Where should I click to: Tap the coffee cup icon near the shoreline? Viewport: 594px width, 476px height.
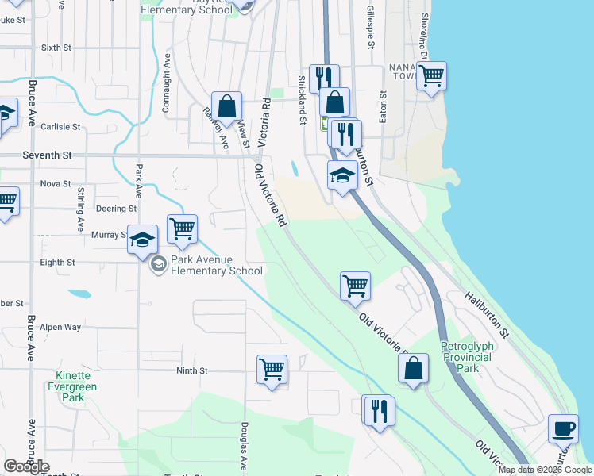(x=563, y=428)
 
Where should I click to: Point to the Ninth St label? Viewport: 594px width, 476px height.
(x=191, y=370)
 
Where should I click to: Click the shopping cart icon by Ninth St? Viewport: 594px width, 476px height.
(x=272, y=369)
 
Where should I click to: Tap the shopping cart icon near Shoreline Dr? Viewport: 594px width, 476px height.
(x=431, y=76)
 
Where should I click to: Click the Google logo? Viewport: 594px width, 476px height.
(x=27, y=466)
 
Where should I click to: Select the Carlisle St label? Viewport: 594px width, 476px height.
(x=61, y=126)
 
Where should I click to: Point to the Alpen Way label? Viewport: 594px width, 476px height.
(x=61, y=327)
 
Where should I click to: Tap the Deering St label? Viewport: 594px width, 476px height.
(x=116, y=209)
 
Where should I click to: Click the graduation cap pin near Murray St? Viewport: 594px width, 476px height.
(x=142, y=239)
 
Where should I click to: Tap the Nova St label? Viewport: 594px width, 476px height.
(x=56, y=183)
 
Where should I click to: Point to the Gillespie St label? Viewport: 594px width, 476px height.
(x=370, y=24)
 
